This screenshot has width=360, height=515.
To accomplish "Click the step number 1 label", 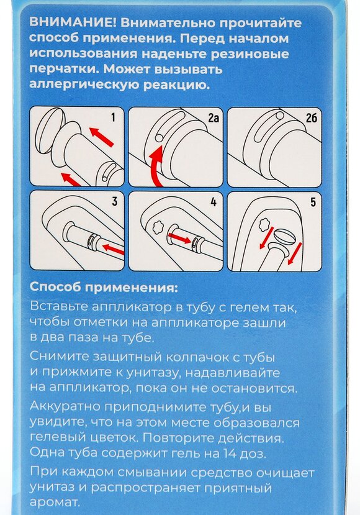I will (113, 116).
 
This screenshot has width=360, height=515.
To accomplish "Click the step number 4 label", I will (212, 201).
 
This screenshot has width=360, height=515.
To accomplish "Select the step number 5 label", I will (312, 201).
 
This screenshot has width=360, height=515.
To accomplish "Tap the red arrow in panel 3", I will (112, 250).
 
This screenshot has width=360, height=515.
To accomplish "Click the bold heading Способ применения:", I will (103, 288).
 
